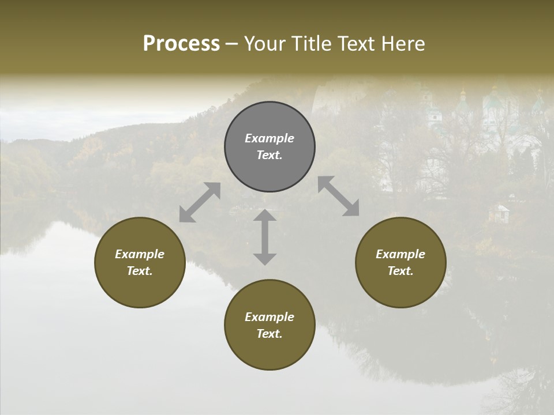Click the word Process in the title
[x=181, y=44]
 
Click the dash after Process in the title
[x=231, y=45]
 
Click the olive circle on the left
[x=140, y=262]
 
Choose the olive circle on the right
[x=400, y=262]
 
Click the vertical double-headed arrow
[x=265, y=237]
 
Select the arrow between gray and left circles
[x=200, y=202]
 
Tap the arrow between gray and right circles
[x=339, y=197]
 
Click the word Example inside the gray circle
[x=269, y=138]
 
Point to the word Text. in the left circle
[x=140, y=271]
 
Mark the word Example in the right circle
[x=400, y=254]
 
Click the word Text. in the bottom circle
[x=269, y=334]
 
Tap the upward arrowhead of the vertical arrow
[x=265, y=216]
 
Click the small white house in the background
[x=499, y=213]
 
